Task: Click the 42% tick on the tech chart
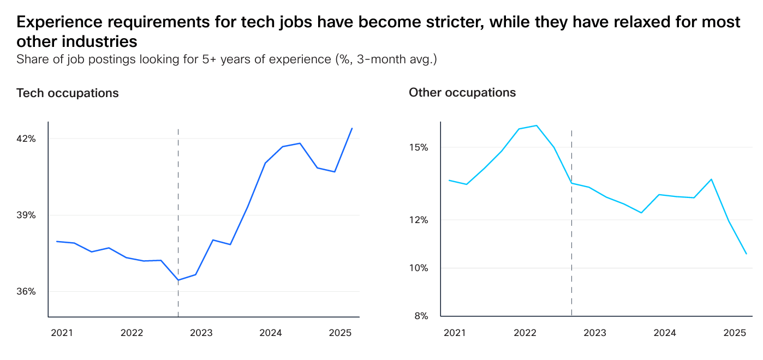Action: (26, 139)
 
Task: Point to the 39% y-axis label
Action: (26, 215)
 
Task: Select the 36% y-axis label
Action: (26, 291)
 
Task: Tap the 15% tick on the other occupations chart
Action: (419, 148)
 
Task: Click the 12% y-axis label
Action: (419, 220)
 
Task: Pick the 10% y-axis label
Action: (419, 268)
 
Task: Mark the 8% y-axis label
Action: (420, 316)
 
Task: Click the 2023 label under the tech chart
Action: (201, 333)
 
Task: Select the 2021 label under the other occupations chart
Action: (455, 333)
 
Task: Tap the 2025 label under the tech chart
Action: (340, 333)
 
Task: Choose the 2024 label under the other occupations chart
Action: (664, 333)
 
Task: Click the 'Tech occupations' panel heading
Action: (68, 93)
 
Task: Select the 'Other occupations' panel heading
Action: (462, 93)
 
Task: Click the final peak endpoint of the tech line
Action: (352, 128)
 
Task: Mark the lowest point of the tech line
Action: (178, 280)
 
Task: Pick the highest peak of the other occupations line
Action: (537, 125)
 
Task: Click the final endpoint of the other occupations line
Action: (746, 254)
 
